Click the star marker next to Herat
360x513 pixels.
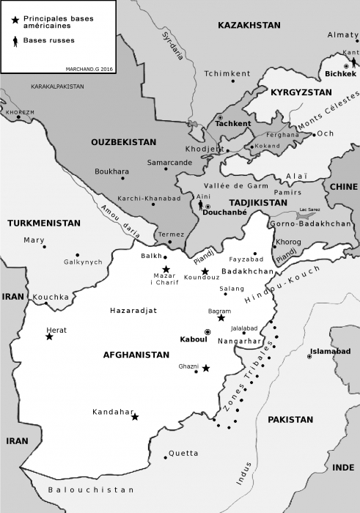click(x=49, y=336)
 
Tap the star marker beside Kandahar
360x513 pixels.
click(x=135, y=416)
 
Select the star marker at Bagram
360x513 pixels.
click(x=221, y=318)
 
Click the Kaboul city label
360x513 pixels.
click(x=191, y=339)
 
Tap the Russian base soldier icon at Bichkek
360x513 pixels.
click(x=354, y=63)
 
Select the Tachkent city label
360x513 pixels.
click(x=233, y=123)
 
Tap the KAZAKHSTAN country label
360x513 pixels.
click(x=249, y=25)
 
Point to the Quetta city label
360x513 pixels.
click(x=183, y=453)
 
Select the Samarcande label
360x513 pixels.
click(x=169, y=162)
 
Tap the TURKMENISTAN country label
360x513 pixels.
click(x=43, y=222)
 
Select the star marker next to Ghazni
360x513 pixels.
click(x=206, y=369)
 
